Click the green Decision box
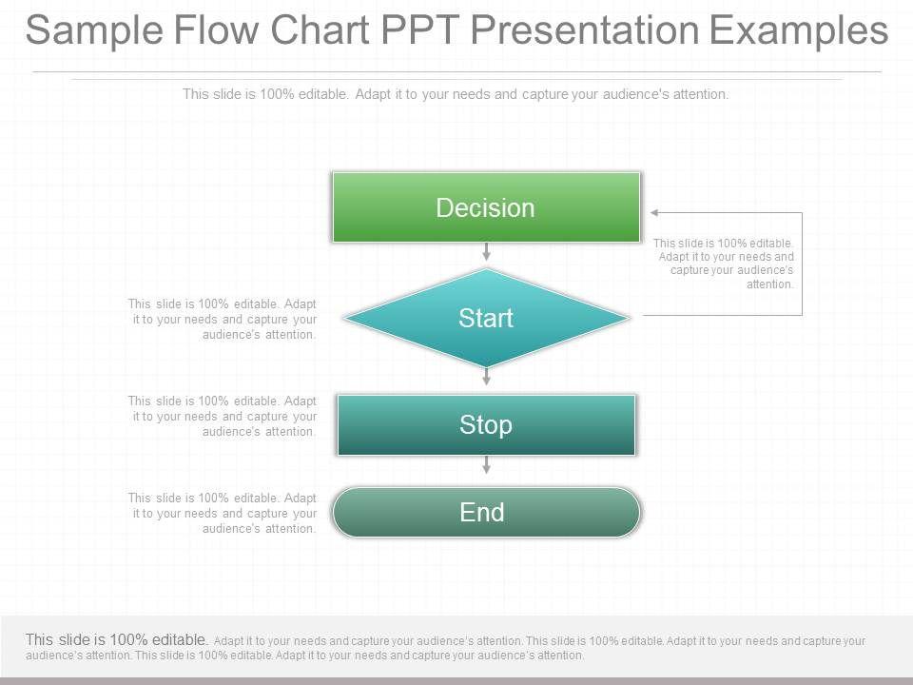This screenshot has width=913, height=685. [x=486, y=206]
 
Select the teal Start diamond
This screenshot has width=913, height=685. [x=486, y=318]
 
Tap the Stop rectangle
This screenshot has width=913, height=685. [x=486, y=424]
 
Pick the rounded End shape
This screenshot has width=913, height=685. [x=486, y=512]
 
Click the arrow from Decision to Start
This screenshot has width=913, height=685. [x=486, y=251]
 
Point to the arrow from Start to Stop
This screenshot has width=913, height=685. [x=486, y=377]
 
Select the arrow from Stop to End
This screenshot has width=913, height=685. [x=486, y=464]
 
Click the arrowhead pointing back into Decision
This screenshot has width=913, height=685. [x=654, y=212]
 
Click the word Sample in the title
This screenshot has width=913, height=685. [x=94, y=30]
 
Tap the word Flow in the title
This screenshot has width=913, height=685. [x=216, y=29]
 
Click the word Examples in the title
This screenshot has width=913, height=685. [x=798, y=30]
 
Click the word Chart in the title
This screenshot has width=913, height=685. [x=320, y=29]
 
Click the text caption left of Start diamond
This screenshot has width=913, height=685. [x=222, y=320]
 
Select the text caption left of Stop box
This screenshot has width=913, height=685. [x=222, y=416]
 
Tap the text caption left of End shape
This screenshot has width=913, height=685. [x=222, y=513]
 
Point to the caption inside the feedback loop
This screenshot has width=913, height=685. [x=723, y=264]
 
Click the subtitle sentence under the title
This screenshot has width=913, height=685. [x=456, y=94]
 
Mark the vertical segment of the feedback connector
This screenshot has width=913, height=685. [x=803, y=264]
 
